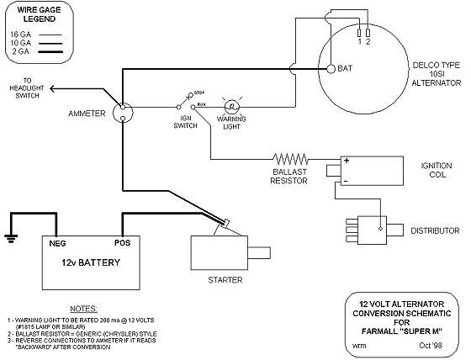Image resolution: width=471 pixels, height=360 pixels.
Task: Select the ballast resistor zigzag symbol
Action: point(291,158)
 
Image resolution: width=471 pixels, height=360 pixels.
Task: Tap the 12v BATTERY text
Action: point(89,262)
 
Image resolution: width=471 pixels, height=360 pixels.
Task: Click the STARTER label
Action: point(225,278)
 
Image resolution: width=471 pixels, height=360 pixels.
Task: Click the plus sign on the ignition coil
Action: point(345,161)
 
